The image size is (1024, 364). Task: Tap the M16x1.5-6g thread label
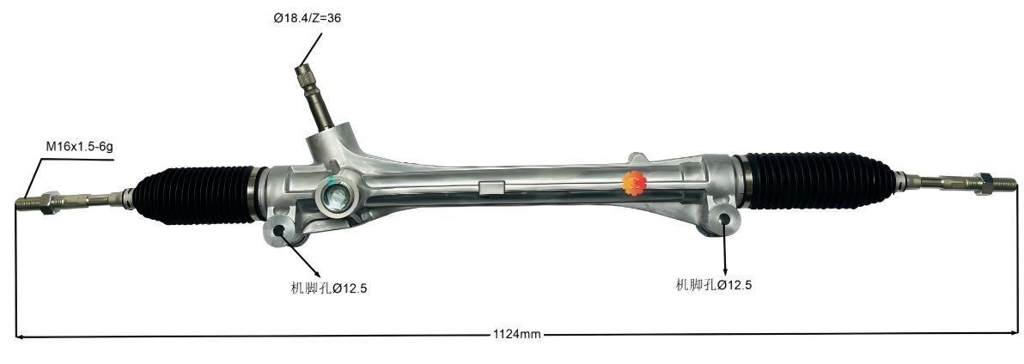tap(79, 147)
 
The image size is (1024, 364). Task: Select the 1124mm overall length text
tap(516, 335)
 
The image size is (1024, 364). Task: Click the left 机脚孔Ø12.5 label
tap(329, 288)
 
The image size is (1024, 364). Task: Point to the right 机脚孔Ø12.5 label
tap(713, 285)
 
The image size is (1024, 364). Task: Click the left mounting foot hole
tap(279, 230)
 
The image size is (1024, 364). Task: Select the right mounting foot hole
tap(726, 219)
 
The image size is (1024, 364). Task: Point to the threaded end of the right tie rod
tap(1003, 182)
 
